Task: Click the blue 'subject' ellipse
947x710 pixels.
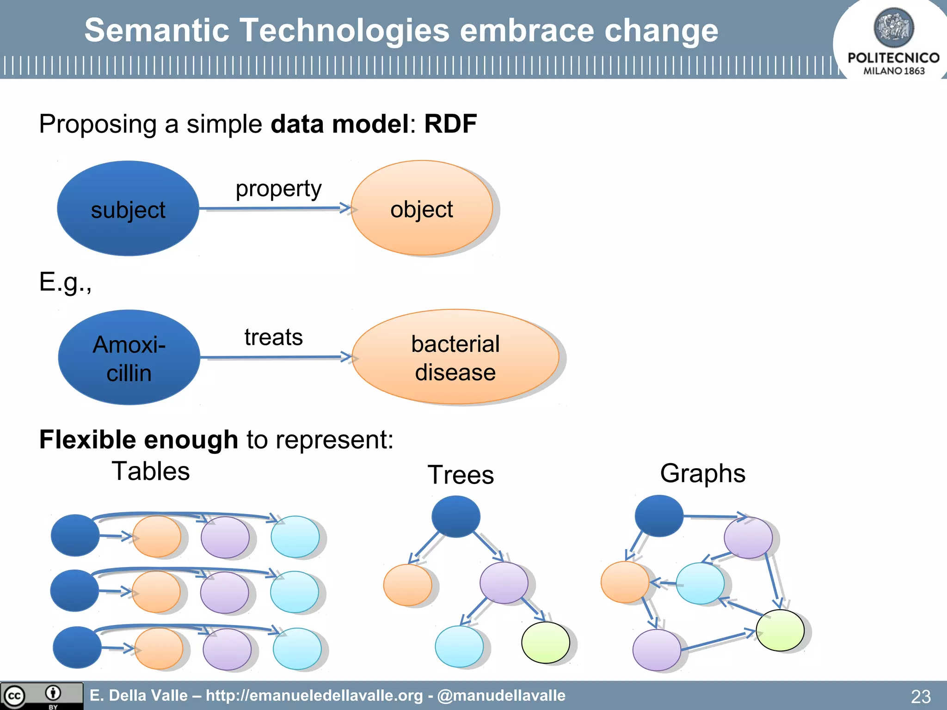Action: tap(128, 209)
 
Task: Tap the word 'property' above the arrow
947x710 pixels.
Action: tap(278, 189)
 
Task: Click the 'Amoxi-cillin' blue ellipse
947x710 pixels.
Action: tap(129, 358)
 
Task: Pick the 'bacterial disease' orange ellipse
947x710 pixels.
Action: tap(455, 357)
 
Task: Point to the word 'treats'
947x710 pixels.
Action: tap(273, 337)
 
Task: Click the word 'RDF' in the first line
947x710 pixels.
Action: tap(450, 124)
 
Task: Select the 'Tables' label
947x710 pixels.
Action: tap(151, 471)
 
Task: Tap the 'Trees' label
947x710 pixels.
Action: tap(461, 475)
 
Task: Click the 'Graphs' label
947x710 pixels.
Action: tap(702, 473)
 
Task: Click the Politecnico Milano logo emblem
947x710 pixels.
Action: tap(893, 28)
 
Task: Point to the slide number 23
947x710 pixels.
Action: tap(920, 696)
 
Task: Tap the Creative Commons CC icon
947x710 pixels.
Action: tap(14, 696)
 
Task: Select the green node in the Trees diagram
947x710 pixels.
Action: tap(545, 643)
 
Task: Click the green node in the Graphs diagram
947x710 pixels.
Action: tap(780, 630)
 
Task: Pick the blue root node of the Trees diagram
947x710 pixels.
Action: tap(455, 516)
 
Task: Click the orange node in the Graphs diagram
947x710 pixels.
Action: tap(625, 582)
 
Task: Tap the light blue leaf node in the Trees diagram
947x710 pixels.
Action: tap(459, 646)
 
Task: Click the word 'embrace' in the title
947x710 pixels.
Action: tap(527, 31)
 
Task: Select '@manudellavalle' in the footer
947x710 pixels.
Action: tap(501, 695)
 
